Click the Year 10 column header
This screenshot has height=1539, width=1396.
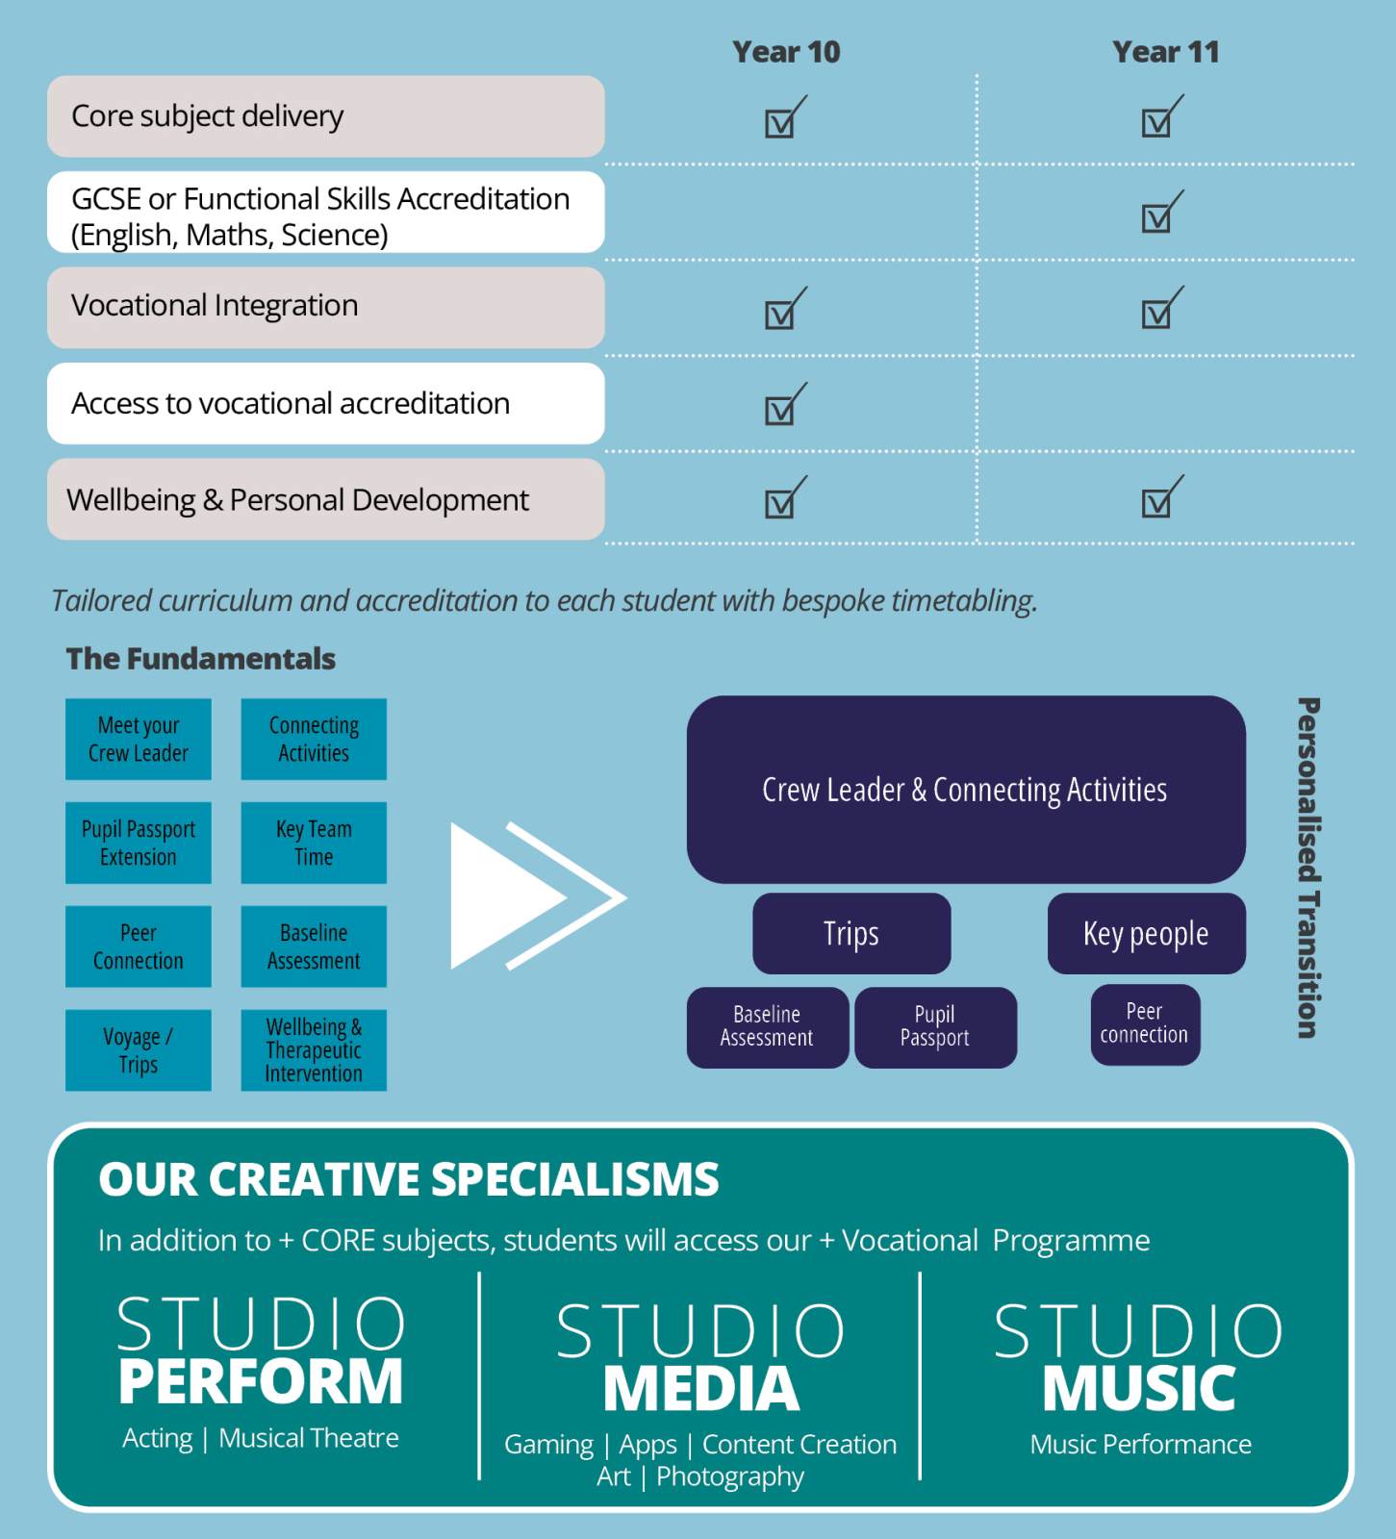point(786,52)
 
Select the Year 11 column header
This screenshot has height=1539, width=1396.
point(1165,52)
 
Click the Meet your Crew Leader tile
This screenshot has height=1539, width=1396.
point(139,739)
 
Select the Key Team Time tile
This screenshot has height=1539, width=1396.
point(314,843)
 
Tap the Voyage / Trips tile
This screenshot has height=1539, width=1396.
point(139,1050)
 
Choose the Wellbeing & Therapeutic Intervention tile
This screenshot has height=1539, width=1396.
point(314,1050)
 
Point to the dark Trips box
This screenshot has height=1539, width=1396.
point(851,933)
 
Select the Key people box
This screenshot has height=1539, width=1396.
point(1146,933)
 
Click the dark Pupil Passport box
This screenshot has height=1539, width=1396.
point(935,1026)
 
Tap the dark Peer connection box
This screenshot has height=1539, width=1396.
point(1145,1023)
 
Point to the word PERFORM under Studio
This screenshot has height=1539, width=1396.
point(261,1381)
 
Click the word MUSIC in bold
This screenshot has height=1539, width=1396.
point(1139,1389)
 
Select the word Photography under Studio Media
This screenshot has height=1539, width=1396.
point(730,1476)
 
